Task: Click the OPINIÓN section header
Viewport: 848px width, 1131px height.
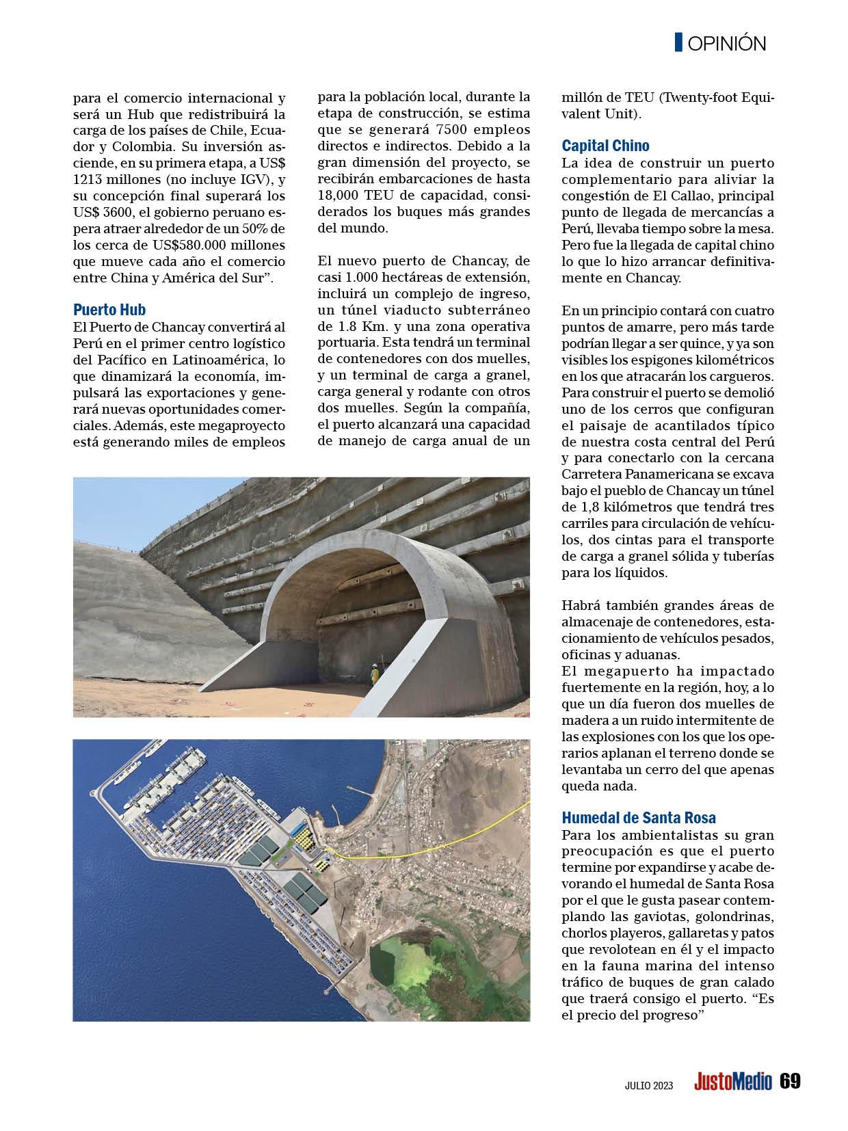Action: pyautogui.click(x=727, y=44)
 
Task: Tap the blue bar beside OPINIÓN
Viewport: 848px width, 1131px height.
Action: pyautogui.click(x=678, y=42)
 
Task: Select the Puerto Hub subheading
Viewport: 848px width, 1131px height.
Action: pyautogui.click(x=109, y=310)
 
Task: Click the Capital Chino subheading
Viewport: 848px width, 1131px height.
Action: pyautogui.click(x=605, y=146)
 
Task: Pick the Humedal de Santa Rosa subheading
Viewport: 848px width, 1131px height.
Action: pyautogui.click(x=639, y=818)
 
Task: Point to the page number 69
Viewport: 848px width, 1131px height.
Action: pyautogui.click(x=790, y=1082)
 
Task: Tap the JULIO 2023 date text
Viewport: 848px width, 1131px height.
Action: pyautogui.click(x=649, y=1086)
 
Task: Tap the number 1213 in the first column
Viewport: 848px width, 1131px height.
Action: pyautogui.click(x=90, y=179)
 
